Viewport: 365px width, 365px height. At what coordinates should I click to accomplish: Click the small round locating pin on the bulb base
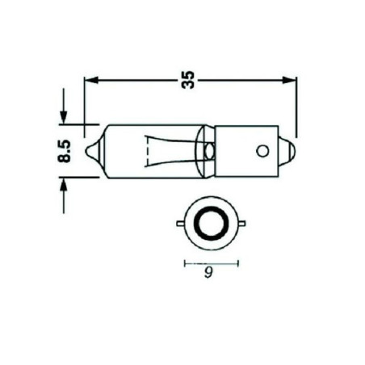[x=260, y=150]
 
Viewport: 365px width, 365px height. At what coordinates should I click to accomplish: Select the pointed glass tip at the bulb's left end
[x=94, y=151]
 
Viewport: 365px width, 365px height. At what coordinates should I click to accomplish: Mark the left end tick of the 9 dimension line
[x=185, y=263]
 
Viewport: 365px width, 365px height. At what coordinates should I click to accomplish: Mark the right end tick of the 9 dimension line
[x=238, y=263]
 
